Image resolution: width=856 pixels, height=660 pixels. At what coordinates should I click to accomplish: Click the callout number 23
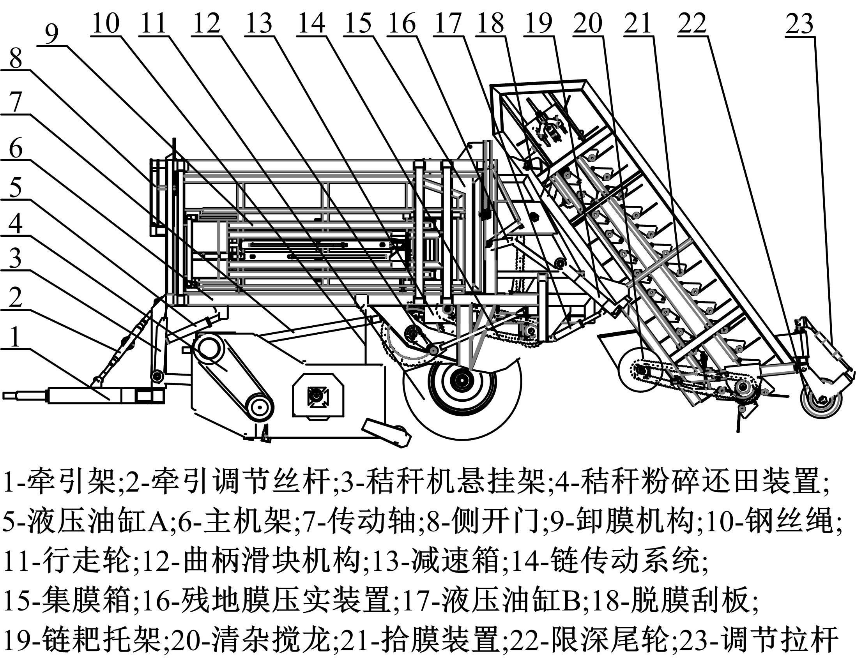[x=799, y=24]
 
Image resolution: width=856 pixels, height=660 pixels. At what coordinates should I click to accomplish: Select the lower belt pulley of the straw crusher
[x=259, y=408]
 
